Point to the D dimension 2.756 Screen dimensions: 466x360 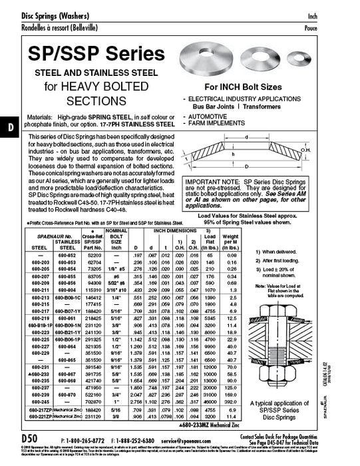138,403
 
